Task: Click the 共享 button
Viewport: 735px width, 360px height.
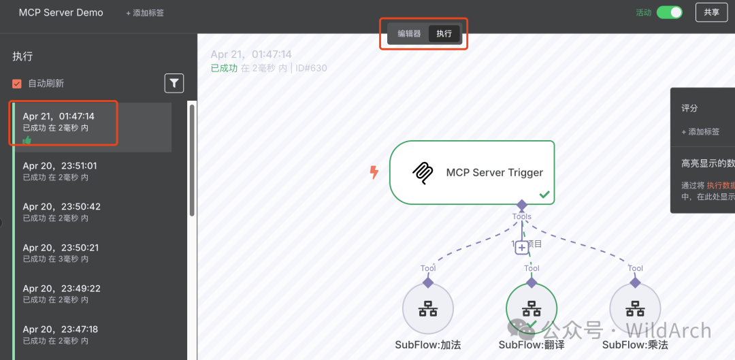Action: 711,12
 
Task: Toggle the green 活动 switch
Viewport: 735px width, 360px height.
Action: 669,12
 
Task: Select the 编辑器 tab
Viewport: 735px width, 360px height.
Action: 409,33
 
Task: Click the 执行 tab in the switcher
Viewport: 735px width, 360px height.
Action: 444,33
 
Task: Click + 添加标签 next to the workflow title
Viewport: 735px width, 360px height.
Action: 145,13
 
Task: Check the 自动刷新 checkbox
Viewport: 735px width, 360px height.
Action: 17,84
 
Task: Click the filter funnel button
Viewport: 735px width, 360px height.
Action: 174,83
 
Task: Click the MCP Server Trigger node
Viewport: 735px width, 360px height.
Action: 472,172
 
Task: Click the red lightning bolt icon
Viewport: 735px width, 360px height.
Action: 374,172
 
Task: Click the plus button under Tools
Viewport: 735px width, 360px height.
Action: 522,248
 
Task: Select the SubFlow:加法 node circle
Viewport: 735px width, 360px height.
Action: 428,309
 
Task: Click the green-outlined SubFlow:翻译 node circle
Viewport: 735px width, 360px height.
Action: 532,309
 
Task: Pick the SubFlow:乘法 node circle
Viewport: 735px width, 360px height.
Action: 635,309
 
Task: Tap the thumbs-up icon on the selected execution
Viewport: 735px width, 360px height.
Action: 27,140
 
